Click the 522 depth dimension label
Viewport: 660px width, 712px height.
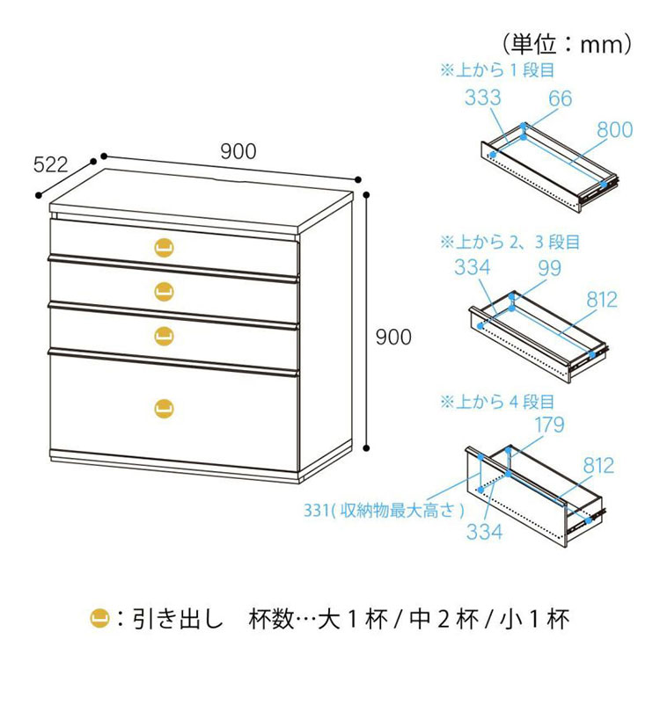coord(50,164)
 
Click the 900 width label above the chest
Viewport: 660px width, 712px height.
coord(238,151)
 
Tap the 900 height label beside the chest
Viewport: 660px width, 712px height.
coord(393,337)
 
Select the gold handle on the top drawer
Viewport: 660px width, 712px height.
coord(164,248)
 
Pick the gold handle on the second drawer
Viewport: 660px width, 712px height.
coord(164,291)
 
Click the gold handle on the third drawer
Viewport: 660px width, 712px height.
coord(164,336)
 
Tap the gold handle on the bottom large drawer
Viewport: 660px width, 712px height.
coord(164,408)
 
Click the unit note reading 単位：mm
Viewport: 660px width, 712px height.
coord(568,44)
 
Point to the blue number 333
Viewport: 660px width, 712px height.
coord(483,98)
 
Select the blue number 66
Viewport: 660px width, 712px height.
coord(560,98)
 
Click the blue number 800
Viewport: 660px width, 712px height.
coord(614,130)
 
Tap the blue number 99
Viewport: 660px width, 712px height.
coord(549,268)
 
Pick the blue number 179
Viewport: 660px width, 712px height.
coord(549,425)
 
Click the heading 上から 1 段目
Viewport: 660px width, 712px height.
coord(498,70)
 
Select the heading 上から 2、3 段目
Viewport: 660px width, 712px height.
coord(510,242)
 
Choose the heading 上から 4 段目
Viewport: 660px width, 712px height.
coord(498,402)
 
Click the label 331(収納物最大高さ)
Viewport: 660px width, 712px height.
coord(384,511)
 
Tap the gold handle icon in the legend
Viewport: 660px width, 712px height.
coord(99,619)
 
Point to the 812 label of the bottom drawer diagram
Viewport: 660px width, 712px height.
coord(598,466)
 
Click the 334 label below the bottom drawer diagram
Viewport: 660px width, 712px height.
coord(485,532)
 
